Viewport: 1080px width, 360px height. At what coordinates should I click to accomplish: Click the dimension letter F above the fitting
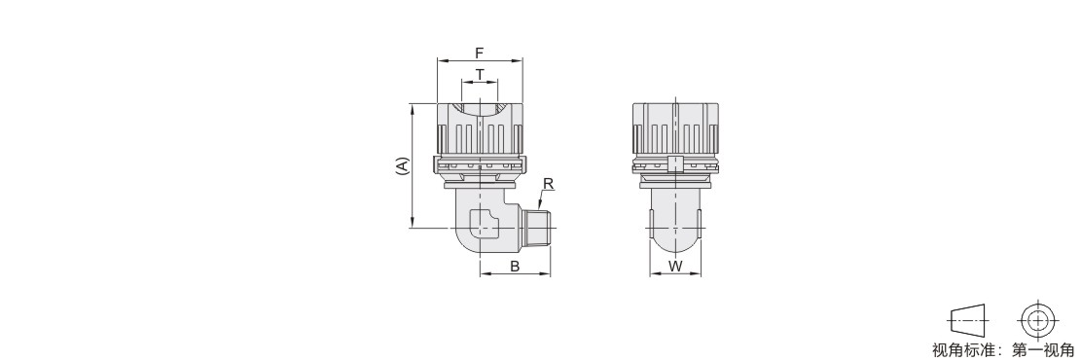[480, 53]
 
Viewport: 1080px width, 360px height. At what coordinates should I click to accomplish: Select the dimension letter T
[480, 74]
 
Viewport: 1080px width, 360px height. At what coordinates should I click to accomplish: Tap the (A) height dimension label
[402, 165]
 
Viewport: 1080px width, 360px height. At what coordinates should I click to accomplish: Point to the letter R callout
[548, 184]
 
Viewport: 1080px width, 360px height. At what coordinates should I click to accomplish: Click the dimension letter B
[515, 267]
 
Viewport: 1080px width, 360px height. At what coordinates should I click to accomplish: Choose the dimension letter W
[675, 267]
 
